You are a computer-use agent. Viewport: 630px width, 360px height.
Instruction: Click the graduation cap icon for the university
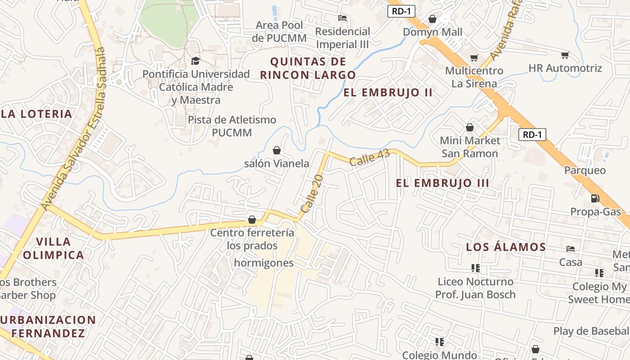point(195,61)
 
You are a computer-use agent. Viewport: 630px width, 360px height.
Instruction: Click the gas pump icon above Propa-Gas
point(595,198)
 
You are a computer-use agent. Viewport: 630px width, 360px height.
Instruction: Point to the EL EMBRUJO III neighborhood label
point(442,183)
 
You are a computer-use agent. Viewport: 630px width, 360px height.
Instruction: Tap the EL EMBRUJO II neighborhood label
point(388,93)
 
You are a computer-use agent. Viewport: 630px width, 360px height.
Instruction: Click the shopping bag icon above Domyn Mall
point(432,19)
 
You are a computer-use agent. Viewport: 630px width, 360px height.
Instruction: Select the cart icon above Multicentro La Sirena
point(474,58)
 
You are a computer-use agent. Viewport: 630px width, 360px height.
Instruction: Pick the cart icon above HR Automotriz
point(565,55)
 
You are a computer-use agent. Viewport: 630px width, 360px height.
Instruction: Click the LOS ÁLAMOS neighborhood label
point(506,247)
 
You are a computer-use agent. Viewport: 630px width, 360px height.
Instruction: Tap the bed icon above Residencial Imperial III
point(342,18)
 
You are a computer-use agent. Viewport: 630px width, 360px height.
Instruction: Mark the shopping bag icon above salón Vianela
point(277,150)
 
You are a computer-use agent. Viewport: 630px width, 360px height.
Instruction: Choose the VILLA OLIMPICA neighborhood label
point(54,248)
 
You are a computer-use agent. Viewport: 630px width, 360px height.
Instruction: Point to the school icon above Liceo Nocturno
point(475,268)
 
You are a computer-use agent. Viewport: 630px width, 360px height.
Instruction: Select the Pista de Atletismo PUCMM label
point(232,126)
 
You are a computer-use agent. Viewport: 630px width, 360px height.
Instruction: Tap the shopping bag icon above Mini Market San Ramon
point(470,128)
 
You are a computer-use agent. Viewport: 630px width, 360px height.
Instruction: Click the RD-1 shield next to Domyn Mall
point(401,12)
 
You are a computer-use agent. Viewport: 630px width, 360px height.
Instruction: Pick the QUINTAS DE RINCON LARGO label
point(308,68)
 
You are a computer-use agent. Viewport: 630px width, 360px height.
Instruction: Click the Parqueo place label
point(585,171)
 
